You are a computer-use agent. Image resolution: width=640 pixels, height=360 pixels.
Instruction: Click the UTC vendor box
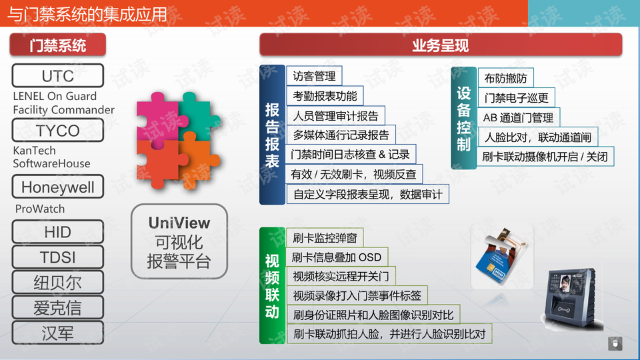[57, 75]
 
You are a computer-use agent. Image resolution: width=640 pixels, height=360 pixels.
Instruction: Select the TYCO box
[57, 130]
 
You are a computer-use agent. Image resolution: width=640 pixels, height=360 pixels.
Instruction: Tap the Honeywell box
[57, 187]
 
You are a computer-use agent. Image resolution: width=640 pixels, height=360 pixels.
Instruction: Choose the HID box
[57, 232]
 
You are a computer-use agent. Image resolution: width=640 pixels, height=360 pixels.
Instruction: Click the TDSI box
[57, 257]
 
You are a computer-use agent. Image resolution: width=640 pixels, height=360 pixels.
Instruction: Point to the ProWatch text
[39, 209]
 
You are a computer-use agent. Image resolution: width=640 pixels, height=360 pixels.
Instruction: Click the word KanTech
[34, 151]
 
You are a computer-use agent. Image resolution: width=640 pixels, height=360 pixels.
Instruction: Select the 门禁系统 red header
[57, 45]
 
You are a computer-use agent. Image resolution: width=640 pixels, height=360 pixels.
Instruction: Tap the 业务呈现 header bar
[441, 45]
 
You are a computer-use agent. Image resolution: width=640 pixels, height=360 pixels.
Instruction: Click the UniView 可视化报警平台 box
[179, 241]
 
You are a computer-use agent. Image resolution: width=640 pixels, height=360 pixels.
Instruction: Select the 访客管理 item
[314, 76]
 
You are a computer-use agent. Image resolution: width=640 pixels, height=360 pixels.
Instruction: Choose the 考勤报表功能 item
[325, 96]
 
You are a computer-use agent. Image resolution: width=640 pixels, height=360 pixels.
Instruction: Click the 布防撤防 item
[505, 78]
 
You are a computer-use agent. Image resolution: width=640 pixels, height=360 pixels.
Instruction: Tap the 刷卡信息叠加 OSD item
[337, 257]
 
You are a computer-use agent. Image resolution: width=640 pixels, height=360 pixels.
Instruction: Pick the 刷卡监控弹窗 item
[325, 238]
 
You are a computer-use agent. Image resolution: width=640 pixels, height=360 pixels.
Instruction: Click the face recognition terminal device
[572, 298]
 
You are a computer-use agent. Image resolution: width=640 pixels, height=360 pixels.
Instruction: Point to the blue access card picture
[502, 256]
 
